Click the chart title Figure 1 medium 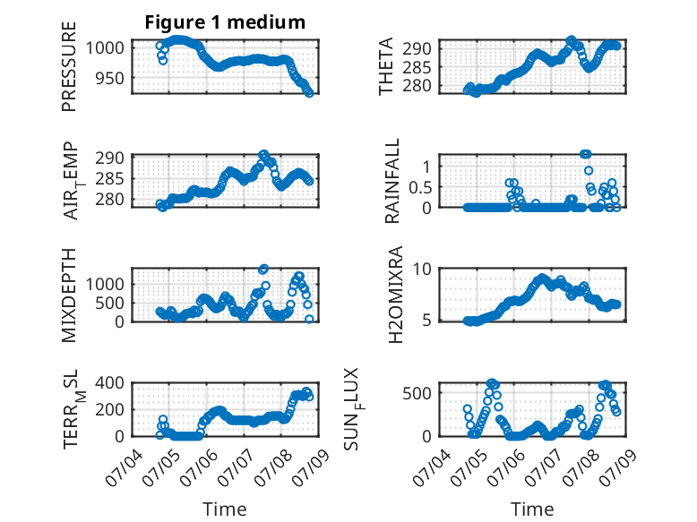click(x=225, y=22)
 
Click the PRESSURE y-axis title click(x=69, y=66)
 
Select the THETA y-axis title click(x=386, y=66)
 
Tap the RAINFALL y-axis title click(x=392, y=181)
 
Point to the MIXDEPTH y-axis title click(x=69, y=295)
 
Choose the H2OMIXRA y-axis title click(x=395, y=295)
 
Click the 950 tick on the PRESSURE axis click(x=110, y=78)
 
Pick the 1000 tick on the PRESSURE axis click(x=105, y=47)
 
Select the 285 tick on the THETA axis click(x=417, y=67)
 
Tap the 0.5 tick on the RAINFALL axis click(x=420, y=187)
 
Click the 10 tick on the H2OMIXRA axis click(x=422, y=269)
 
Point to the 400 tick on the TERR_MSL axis click(x=110, y=382)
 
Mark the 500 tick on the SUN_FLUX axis click(x=417, y=393)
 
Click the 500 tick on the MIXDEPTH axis click(x=110, y=303)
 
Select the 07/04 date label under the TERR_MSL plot click(x=124, y=467)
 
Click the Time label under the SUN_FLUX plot click(x=532, y=509)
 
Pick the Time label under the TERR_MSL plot click(x=225, y=509)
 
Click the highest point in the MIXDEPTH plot click(x=263, y=269)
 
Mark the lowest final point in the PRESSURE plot click(x=309, y=93)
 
